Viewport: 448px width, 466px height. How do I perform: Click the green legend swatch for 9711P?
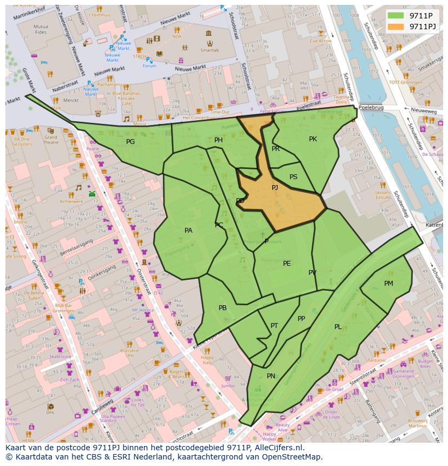(x=396, y=15)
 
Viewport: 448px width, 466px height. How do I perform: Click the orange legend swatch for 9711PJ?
(x=396, y=26)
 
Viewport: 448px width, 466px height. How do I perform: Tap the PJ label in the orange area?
(x=275, y=188)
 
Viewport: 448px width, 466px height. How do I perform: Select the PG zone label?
(x=130, y=142)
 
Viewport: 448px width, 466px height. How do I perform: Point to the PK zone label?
(x=313, y=139)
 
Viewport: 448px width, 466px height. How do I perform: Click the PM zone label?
(x=388, y=284)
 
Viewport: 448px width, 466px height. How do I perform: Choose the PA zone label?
(x=188, y=231)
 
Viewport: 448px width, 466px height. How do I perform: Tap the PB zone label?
(x=222, y=308)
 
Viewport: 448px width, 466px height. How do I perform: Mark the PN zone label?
(x=271, y=376)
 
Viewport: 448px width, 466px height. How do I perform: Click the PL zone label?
(x=338, y=327)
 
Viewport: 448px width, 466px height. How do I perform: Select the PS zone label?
(x=293, y=177)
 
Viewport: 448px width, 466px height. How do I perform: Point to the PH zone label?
(x=219, y=140)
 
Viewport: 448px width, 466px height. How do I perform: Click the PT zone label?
(x=274, y=326)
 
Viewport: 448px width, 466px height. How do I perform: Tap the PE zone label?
(x=287, y=264)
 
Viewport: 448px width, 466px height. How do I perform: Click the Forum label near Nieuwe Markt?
(x=149, y=66)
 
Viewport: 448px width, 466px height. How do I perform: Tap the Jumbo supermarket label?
(x=228, y=386)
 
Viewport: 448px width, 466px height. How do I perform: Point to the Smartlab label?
(x=209, y=50)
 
